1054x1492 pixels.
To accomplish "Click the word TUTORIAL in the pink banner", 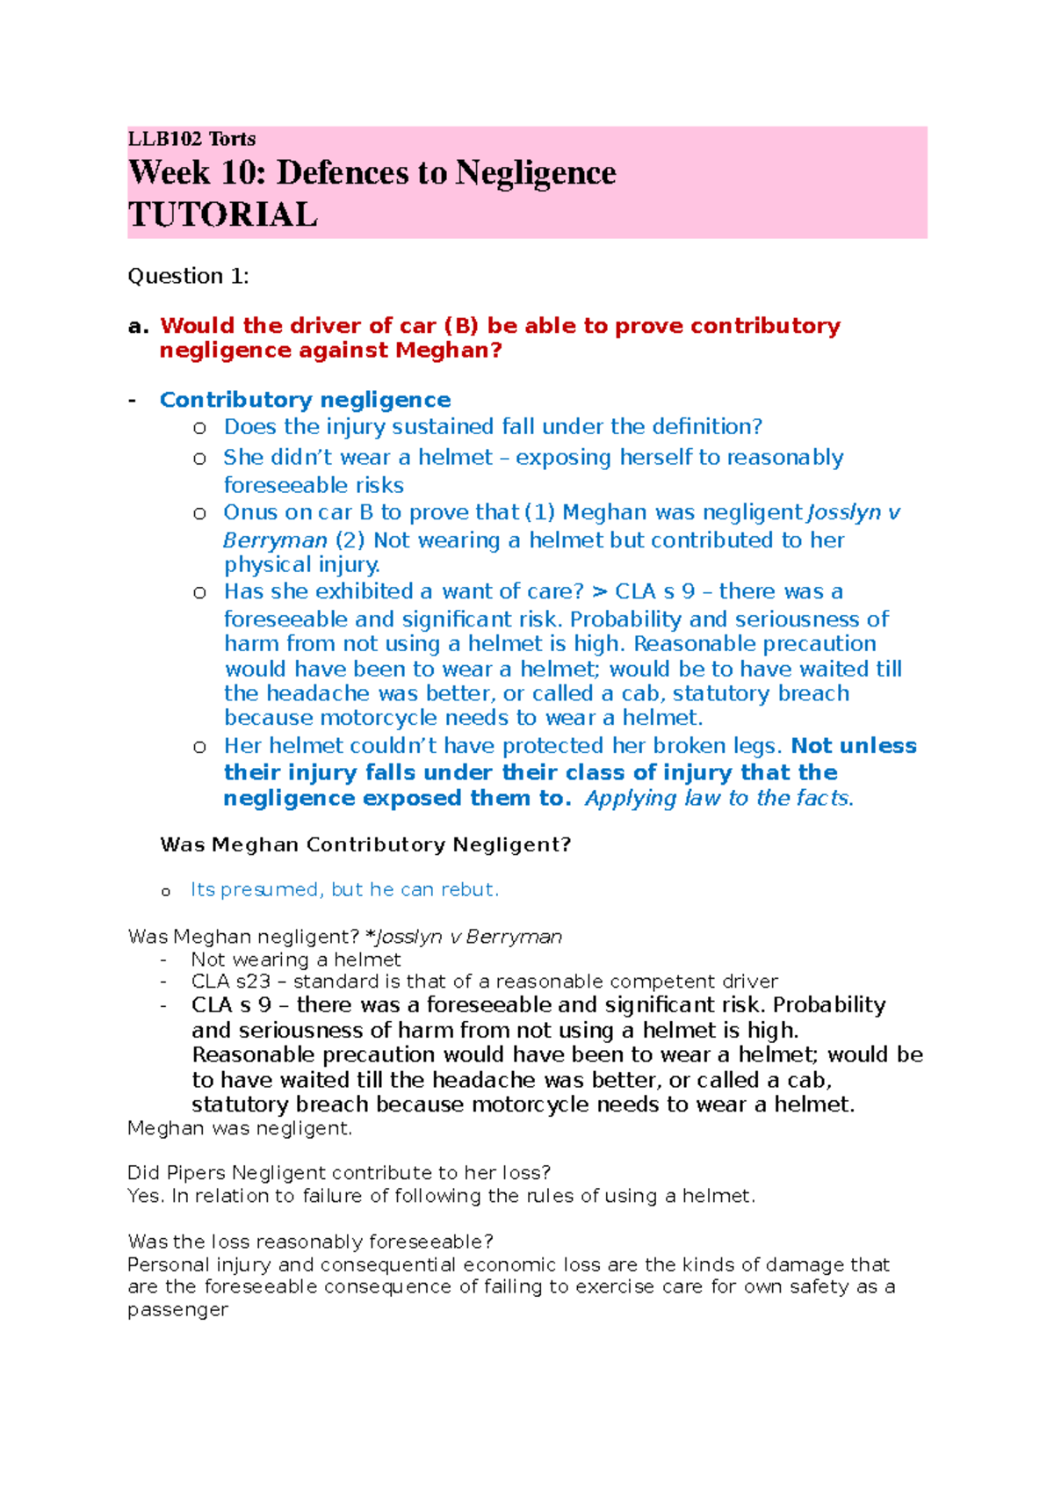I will (x=222, y=215).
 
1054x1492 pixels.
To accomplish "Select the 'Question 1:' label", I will (x=188, y=276).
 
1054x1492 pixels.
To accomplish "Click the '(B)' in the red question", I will (x=461, y=326).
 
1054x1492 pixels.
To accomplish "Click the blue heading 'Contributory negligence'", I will (x=305, y=400).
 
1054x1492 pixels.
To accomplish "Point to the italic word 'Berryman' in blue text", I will (x=275, y=540).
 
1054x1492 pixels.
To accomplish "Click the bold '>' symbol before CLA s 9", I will (x=600, y=591).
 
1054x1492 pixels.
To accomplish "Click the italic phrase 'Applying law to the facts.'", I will (x=718, y=798).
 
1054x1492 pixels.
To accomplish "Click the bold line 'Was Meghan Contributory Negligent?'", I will (x=365, y=844).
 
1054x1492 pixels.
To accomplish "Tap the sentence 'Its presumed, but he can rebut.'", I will (x=344, y=889).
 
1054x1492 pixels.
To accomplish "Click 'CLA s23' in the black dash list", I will (x=230, y=981).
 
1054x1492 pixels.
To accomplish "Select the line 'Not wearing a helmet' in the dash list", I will (x=296, y=960).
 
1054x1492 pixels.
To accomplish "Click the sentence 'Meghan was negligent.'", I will (x=240, y=1128).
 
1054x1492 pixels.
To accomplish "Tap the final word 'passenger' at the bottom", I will (x=177, y=1309).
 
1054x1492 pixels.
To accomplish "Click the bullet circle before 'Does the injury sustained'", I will (x=199, y=428).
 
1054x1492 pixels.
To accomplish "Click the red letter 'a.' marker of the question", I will (x=138, y=326).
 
